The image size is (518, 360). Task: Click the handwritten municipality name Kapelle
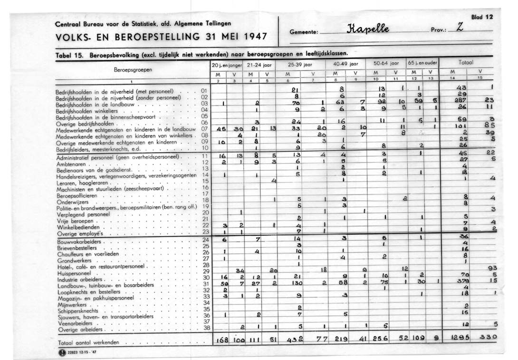pyautogui.click(x=364, y=29)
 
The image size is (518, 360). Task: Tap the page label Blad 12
pyautogui.click(x=482, y=17)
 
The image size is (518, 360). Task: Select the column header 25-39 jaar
pyautogui.click(x=300, y=64)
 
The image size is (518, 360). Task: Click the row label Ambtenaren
pyautogui.click(x=71, y=163)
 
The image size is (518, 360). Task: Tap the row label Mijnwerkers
pyautogui.click(x=71, y=303)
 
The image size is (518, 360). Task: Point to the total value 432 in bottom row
pyautogui.click(x=295, y=340)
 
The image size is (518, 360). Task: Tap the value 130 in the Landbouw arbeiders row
pyautogui.click(x=297, y=283)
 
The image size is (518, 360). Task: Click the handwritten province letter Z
pyautogui.click(x=459, y=29)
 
